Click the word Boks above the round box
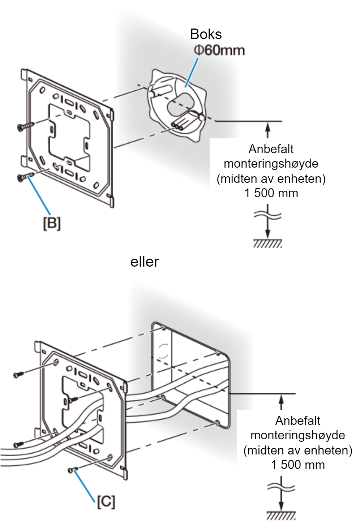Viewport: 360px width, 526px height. [x=206, y=34]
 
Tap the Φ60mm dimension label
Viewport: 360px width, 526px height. [x=219, y=51]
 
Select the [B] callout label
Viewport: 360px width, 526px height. [x=52, y=223]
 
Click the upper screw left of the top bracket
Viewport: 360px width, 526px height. [x=26, y=126]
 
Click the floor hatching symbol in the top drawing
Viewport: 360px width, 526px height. [x=267, y=243]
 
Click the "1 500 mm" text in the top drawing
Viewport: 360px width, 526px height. [x=271, y=193]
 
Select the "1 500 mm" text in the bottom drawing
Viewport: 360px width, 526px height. [x=298, y=465]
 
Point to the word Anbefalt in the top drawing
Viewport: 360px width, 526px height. [x=271, y=149]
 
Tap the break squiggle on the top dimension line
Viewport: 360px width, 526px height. [x=267, y=215]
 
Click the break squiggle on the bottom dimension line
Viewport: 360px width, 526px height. [x=281, y=487]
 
